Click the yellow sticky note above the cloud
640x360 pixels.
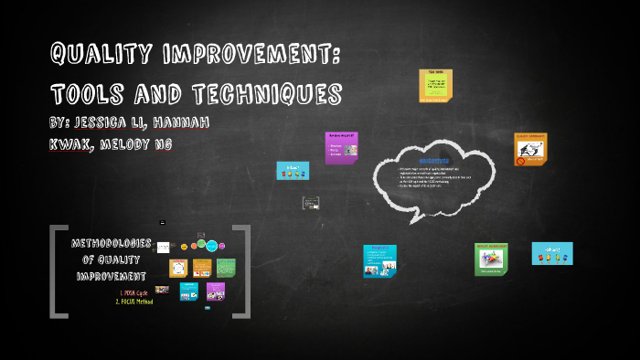(x=435, y=86)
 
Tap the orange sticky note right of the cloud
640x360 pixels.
(x=530, y=149)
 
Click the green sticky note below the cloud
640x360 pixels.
(x=491, y=259)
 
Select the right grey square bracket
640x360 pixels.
(x=242, y=271)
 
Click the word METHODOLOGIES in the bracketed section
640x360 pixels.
(x=112, y=243)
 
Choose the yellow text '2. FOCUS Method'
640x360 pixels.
(x=133, y=302)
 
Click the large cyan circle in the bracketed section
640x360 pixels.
(x=212, y=246)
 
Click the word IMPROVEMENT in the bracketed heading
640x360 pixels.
(x=112, y=276)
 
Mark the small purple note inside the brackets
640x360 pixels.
(x=216, y=291)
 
